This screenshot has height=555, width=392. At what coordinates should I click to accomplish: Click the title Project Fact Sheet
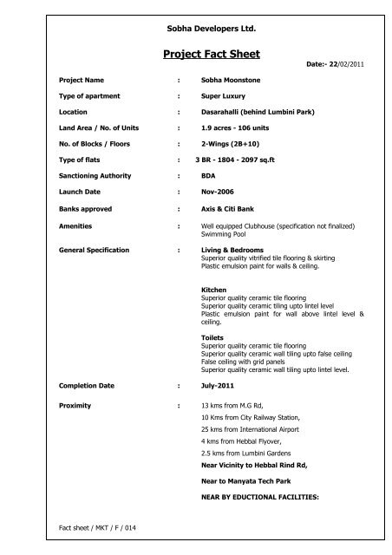pos(212,55)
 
